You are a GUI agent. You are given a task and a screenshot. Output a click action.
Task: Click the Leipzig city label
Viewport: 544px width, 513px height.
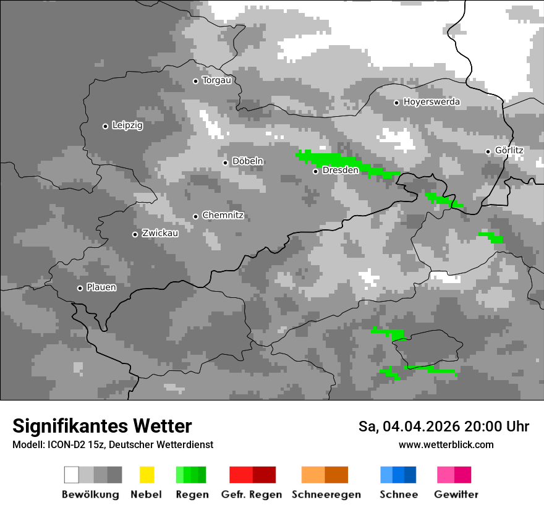pos(127,125)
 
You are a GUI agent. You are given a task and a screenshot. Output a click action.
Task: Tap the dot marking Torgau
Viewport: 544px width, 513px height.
pos(195,81)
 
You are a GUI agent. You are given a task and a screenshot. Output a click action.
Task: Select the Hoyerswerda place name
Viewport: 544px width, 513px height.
pos(431,102)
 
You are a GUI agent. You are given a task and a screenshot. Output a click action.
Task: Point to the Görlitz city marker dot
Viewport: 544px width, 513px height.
pos(488,151)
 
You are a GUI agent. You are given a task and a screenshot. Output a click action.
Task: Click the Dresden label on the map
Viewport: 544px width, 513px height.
pos(340,170)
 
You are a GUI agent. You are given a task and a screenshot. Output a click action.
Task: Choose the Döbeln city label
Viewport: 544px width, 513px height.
pos(247,161)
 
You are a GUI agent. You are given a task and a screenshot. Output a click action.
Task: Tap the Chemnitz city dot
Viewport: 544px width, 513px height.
pos(195,216)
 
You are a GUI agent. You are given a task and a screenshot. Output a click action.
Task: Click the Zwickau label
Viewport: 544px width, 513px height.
pos(160,234)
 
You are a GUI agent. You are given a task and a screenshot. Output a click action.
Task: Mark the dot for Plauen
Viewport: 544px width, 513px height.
pos(80,288)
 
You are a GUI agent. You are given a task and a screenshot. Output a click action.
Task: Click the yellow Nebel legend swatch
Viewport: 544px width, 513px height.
pos(147,475)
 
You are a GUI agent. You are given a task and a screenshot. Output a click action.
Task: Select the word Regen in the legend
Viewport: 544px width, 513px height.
pos(191,494)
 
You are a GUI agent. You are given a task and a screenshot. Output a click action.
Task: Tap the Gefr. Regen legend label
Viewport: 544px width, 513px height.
pos(252,494)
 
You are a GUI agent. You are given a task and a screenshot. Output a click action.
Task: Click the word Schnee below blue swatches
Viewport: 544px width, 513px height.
pos(398,494)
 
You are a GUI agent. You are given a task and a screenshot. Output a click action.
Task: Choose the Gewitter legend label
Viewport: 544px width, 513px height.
pos(456,494)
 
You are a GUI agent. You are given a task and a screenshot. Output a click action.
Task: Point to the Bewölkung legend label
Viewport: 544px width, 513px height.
pos(90,494)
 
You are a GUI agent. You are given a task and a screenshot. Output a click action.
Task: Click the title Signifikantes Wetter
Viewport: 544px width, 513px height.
pos(102,426)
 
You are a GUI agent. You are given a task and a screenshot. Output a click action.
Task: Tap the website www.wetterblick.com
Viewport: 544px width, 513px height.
pos(446,445)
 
